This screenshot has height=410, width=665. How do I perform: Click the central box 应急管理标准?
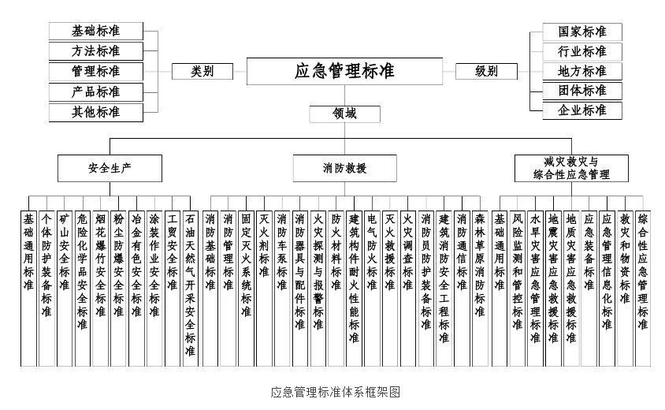[344, 71]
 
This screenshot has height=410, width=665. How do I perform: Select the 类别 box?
[202, 71]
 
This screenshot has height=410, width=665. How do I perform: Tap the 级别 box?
[486, 71]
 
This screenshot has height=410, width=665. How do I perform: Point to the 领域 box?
[344, 114]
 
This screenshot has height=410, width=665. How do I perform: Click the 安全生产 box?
[110, 168]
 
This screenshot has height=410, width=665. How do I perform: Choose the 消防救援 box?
[344, 168]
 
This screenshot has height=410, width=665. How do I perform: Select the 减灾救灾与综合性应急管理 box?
[571, 168]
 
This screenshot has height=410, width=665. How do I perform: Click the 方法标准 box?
[96, 51]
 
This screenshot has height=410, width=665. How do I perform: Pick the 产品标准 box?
[96, 92]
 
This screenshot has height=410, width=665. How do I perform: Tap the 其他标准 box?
[96, 113]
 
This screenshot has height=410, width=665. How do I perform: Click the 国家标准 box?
[582, 32]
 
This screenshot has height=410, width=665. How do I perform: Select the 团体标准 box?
[582, 91]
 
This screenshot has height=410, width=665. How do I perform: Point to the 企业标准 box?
[582, 110]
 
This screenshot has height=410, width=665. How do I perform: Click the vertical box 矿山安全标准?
[65, 289]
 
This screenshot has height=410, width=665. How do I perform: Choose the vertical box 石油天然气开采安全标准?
[190, 289]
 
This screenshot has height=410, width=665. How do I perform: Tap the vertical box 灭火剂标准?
[264, 289]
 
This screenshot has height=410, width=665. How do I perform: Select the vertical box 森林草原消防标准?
[480, 289]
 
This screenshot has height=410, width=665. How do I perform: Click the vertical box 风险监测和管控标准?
[518, 289]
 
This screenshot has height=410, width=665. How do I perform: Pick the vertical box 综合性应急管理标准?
[643, 289]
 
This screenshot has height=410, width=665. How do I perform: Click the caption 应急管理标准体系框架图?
[336, 392]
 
